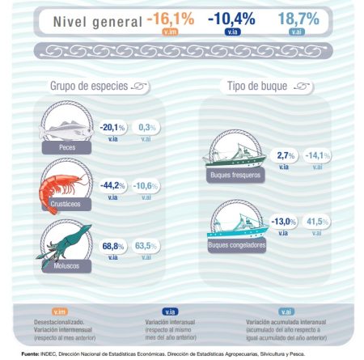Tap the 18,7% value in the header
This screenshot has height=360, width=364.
tap(299, 18)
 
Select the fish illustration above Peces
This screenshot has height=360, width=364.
tap(65, 128)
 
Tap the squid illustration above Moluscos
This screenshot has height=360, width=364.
tap(65, 241)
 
